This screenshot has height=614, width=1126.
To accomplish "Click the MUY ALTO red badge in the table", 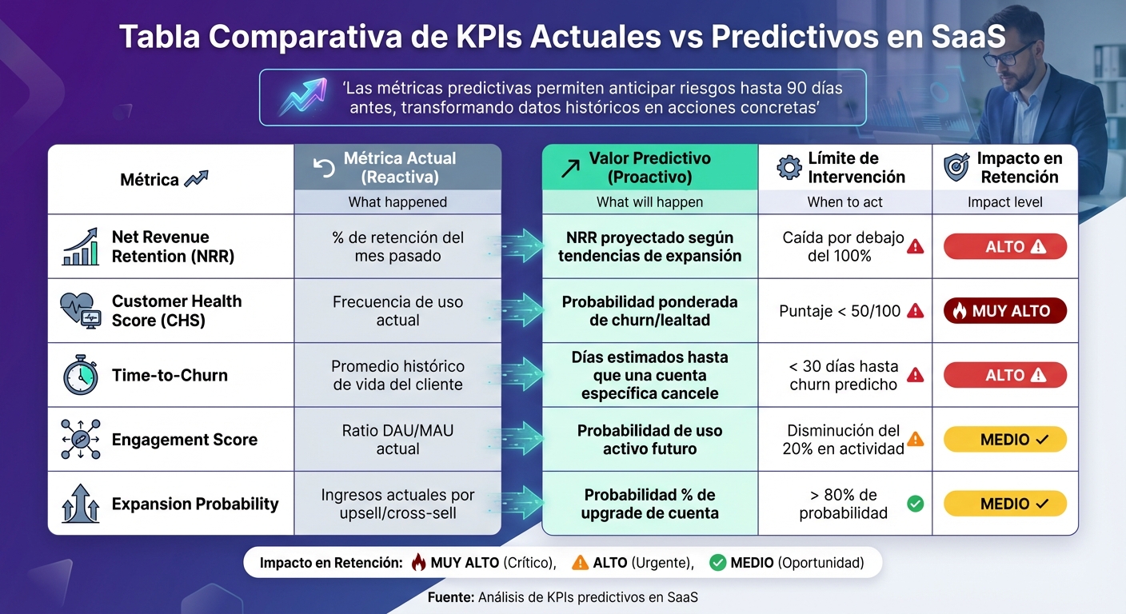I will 1005,311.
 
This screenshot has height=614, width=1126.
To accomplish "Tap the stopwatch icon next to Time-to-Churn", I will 80,376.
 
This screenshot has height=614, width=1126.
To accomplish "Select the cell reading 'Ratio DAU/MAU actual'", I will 397,440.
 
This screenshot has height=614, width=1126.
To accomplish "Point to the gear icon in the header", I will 789,168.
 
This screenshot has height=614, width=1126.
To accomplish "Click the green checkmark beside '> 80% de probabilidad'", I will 916,504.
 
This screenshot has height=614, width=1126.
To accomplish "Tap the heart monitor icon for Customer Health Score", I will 80,311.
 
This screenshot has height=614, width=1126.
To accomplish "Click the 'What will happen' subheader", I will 649,202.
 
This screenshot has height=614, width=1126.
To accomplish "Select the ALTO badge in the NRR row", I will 1005,247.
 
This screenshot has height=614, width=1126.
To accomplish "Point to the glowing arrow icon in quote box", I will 301,97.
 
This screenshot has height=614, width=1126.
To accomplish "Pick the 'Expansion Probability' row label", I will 195,504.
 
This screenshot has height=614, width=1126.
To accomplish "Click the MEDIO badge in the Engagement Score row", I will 1005,440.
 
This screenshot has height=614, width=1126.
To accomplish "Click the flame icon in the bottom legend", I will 418,563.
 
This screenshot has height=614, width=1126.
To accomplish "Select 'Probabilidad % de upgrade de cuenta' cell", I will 649,504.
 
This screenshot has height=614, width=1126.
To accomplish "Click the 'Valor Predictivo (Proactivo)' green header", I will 649,168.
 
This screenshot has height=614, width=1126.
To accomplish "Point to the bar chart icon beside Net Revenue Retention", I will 80,247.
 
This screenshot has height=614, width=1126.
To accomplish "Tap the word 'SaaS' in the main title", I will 965,38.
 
